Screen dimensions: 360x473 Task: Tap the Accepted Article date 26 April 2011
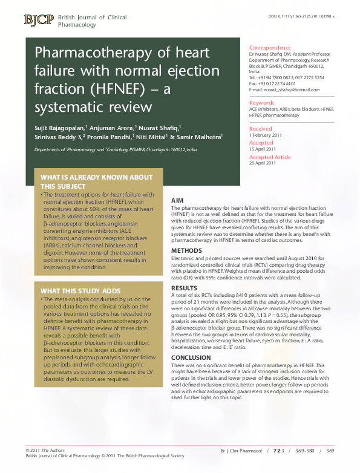click(x=263, y=163)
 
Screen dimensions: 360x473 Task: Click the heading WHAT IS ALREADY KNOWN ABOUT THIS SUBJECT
click(x=96, y=181)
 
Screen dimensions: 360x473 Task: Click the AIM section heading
click(x=178, y=200)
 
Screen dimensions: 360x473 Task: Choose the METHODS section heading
click(x=186, y=250)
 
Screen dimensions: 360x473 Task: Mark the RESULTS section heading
click(x=185, y=288)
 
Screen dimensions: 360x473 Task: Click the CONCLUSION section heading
click(x=191, y=357)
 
